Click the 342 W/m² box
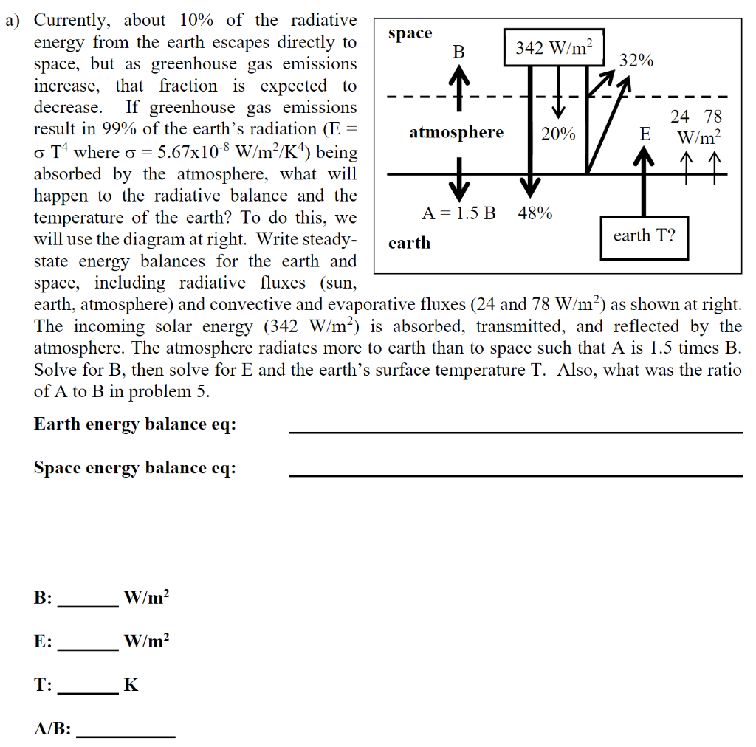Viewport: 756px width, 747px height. [554, 48]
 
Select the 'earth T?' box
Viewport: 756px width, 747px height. [644, 236]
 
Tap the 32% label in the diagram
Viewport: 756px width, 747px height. [636, 61]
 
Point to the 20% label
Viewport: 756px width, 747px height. [558, 134]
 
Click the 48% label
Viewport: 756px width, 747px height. [535, 213]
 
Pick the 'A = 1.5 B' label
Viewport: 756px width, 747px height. [458, 213]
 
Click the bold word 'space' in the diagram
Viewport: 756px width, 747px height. [410, 33]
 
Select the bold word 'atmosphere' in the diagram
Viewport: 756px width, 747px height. [456, 133]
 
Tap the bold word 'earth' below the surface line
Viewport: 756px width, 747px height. [409, 243]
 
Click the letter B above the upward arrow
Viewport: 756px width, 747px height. [459, 52]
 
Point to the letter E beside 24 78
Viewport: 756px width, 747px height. [645, 134]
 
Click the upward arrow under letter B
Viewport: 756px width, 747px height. [459, 81]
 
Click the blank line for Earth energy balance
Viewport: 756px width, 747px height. [515, 432]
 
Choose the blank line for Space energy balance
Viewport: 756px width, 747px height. [515, 475]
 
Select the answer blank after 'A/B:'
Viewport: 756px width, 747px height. [126, 737]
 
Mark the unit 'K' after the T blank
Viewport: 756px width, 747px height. [131, 686]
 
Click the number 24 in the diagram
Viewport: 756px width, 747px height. [679, 117]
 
